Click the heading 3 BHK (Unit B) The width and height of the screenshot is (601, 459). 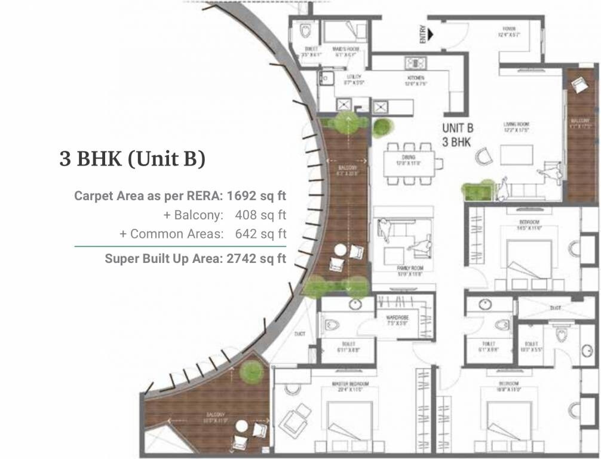tap(132, 160)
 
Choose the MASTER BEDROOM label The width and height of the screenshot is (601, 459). tap(351, 383)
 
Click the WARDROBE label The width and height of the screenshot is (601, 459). tap(396, 320)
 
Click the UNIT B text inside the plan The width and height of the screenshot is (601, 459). tap(458, 127)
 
